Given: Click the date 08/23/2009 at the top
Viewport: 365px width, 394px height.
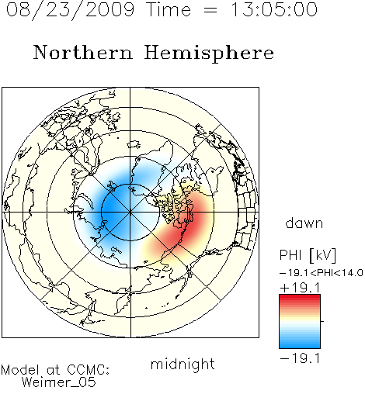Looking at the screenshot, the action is pyautogui.click(x=70, y=10).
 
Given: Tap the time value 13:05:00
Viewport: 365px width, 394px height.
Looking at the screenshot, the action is pyautogui.click(x=274, y=9).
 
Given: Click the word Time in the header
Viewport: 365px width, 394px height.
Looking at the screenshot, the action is pyautogui.click(x=169, y=9).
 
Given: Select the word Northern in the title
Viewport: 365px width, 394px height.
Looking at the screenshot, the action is pyautogui.click(x=83, y=52).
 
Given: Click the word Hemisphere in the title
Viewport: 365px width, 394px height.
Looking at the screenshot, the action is pyautogui.click(x=209, y=54).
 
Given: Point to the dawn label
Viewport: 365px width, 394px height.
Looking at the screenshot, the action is pyautogui.click(x=304, y=223).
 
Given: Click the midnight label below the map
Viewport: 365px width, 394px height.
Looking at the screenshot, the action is pyautogui.click(x=182, y=365).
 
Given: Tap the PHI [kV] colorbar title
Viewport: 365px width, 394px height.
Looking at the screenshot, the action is pyautogui.click(x=308, y=255).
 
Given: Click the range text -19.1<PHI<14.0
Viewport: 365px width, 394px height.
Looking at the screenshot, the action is pyautogui.click(x=321, y=272).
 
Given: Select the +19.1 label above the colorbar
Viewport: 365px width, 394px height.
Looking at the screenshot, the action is pyautogui.click(x=300, y=288).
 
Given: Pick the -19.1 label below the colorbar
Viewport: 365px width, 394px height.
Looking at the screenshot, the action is pyautogui.click(x=300, y=358).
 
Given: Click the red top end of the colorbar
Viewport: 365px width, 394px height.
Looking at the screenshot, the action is pyautogui.click(x=300, y=297).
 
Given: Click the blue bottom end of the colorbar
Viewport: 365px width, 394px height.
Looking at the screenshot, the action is pyautogui.click(x=300, y=346).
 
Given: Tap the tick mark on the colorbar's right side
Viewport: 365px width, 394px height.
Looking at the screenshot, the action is pyautogui.click(x=322, y=321).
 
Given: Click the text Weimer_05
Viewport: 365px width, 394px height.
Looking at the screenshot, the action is pyautogui.click(x=59, y=382).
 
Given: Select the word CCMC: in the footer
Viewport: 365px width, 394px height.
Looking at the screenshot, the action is pyautogui.click(x=89, y=369).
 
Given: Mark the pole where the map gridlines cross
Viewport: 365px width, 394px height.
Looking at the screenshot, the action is pyautogui.click(x=130, y=213).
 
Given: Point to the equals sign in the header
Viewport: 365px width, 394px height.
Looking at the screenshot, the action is pyautogui.click(x=210, y=10).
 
